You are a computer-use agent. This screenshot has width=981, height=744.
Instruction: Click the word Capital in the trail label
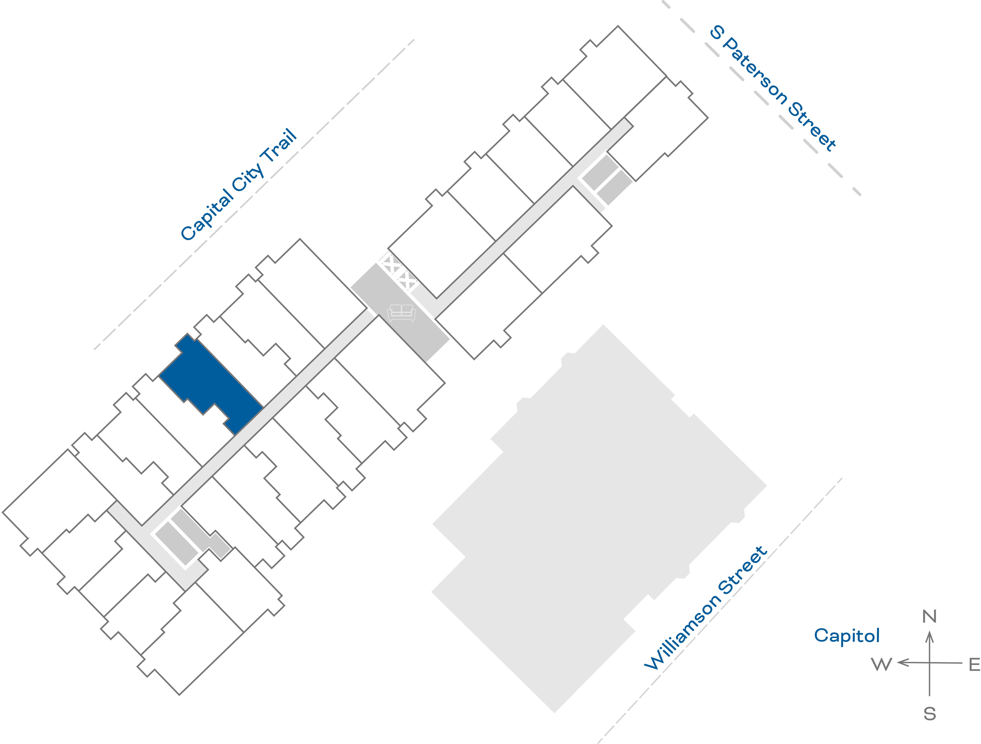[206, 215]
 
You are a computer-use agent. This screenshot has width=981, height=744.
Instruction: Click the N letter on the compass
[929, 616]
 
